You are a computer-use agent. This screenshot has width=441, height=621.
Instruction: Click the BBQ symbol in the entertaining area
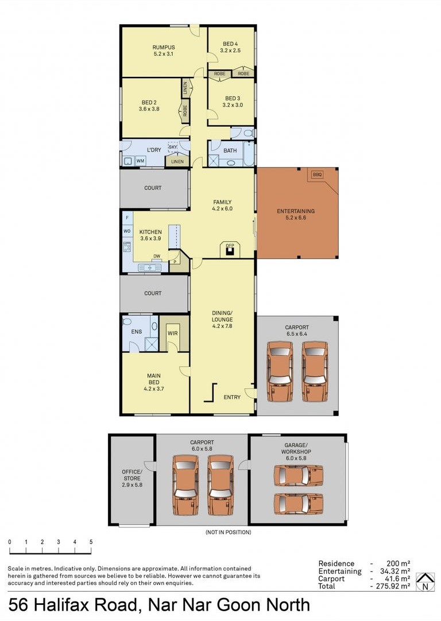click(x=318, y=174)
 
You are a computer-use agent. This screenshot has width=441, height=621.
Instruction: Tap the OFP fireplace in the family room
click(x=230, y=250)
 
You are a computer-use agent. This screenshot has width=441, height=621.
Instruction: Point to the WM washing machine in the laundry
click(x=140, y=161)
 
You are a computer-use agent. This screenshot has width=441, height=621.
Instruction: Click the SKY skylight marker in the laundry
click(x=173, y=147)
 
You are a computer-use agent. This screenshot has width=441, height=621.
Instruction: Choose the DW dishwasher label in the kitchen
click(x=157, y=256)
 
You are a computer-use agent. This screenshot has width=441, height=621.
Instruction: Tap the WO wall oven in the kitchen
click(x=127, y=231)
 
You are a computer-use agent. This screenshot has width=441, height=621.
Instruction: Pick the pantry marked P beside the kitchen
click(x=175, y=261)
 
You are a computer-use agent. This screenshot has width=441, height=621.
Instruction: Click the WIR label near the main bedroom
click(x=173, y=333)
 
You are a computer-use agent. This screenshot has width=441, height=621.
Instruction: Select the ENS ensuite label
click(x=136, y=332)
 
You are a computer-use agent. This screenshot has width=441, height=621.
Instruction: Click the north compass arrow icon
click(x=425, y=582)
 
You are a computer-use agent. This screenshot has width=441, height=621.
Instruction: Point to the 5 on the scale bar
click(x=91, y=542)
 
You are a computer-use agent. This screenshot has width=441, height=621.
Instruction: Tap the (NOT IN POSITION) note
click(x=228, y=532)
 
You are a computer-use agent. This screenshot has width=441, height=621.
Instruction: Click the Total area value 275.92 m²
click(x=393, y=586)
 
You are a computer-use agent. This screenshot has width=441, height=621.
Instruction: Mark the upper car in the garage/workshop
click(x=299, y=475)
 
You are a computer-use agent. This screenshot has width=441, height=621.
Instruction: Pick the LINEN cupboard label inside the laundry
click(x=177, y=162)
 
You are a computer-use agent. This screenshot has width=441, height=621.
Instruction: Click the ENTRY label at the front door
click(x=232, y=397)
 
